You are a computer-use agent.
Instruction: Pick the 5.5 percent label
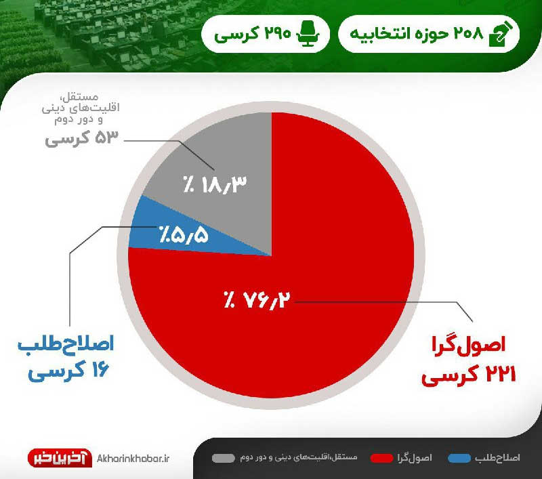pos(184,235)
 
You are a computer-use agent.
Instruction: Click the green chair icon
pos(308,33)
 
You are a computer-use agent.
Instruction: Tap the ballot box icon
pos(501,33)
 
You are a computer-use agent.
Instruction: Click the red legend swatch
pos(381,458)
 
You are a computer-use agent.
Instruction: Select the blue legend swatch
pos(459,458)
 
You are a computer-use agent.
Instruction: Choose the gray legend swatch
pos(224,458)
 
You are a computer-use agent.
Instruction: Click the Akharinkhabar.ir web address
pos(133,459)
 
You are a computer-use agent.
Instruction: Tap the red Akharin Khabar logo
pos(60,458)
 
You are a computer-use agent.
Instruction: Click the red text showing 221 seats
pos(469,375)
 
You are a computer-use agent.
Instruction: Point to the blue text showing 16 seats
pos(69,370)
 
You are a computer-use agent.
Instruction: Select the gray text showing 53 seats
pos(81,138)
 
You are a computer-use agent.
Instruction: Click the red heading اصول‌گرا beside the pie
pos(469,345)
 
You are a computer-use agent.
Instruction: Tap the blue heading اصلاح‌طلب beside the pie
pos(66,344)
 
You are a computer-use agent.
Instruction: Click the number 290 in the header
pos(278,33)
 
